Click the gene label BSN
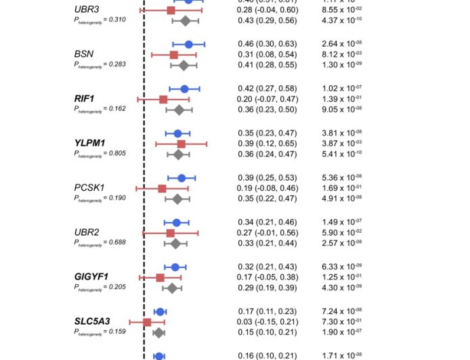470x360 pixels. (85, 54)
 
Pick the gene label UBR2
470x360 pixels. (87, 233)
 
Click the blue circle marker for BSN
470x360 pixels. (189, 44)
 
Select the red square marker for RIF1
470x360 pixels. (163, 99)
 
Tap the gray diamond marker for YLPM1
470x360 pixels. (178, 154)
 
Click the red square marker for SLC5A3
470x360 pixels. (147, 322)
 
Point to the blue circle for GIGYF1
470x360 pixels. (175, 267)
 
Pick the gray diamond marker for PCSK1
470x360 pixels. (177, 199)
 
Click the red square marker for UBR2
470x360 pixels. (170, 233)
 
